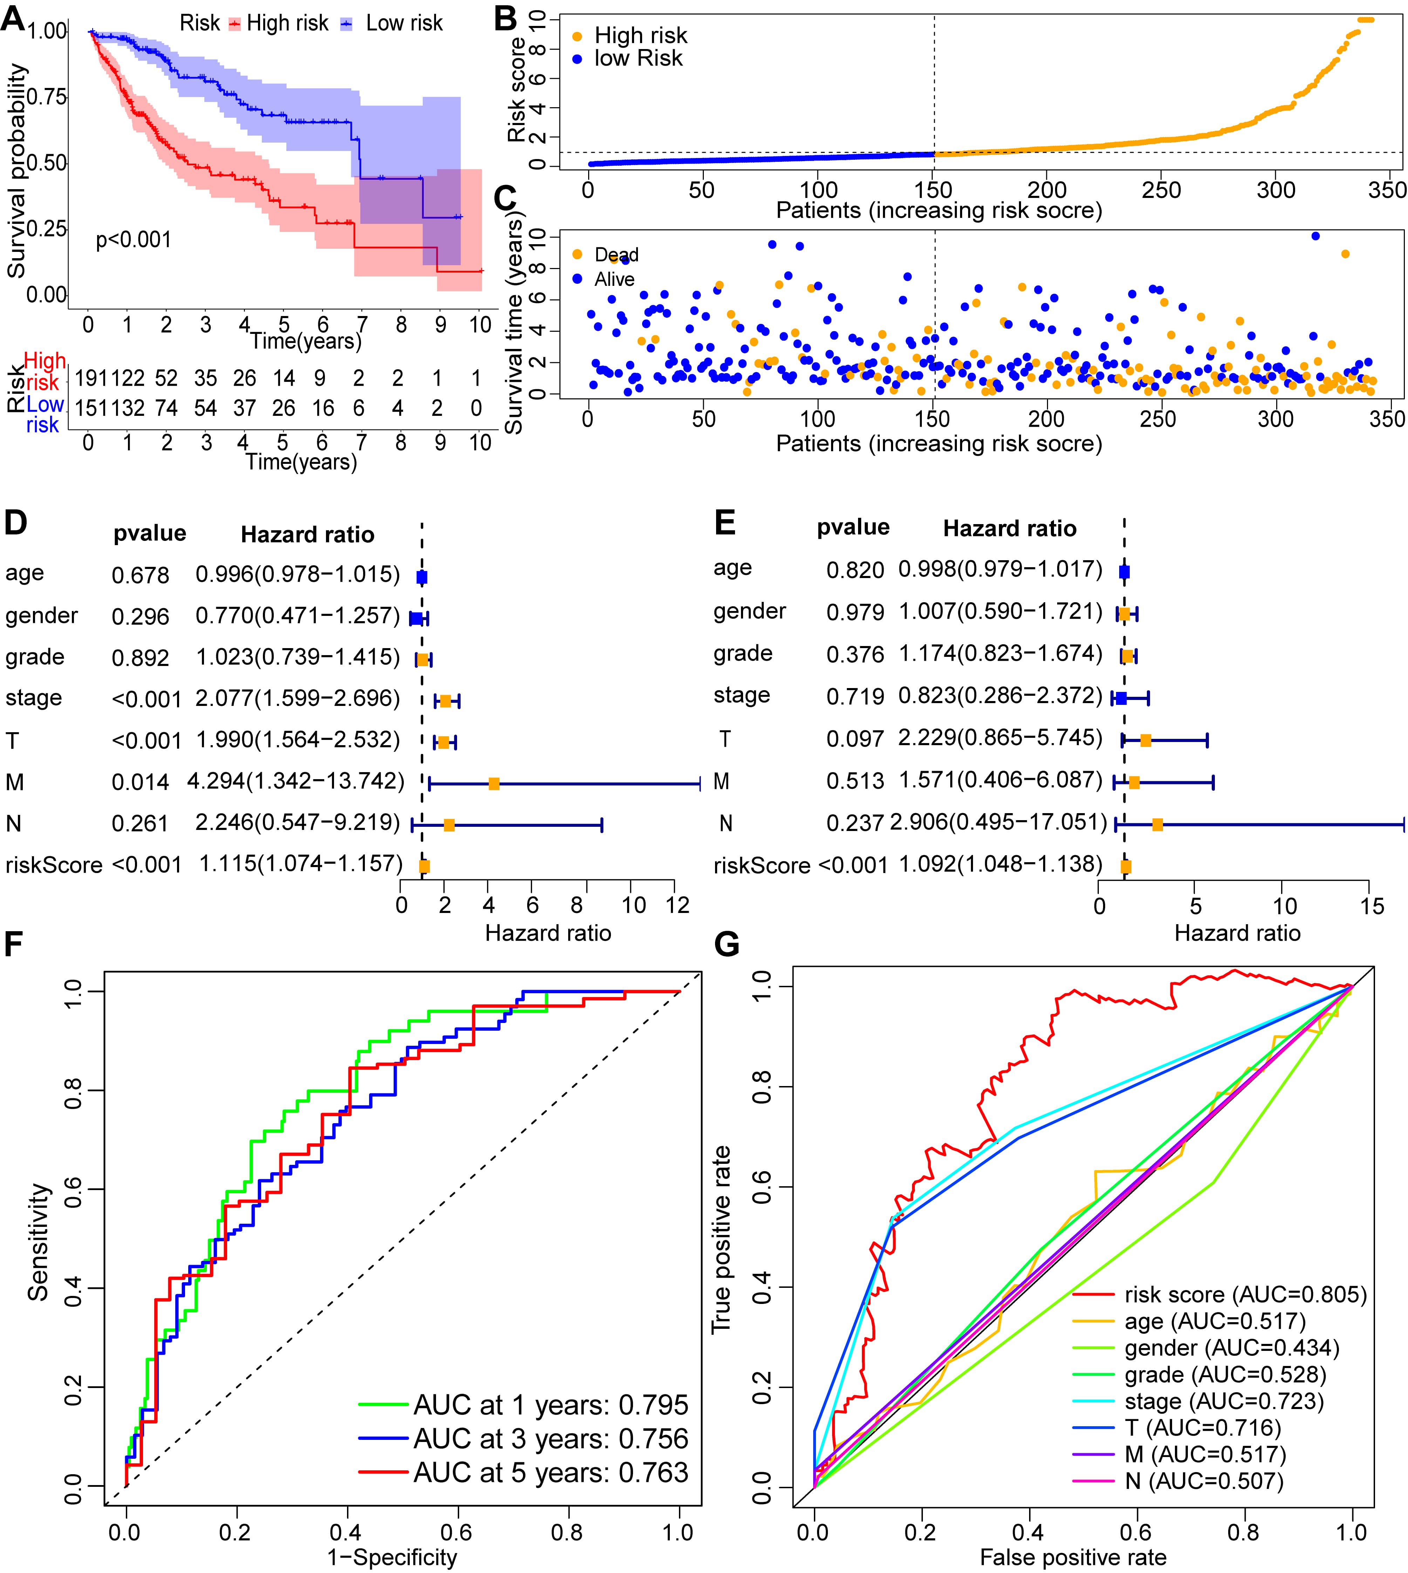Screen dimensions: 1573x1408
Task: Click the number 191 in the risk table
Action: tap(91, 378)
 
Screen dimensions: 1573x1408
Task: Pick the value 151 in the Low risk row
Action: tap(91, 407)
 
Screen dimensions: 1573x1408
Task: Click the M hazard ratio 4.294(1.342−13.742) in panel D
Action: tap(295, 781)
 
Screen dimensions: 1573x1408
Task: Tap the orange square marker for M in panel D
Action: tap(494, 784)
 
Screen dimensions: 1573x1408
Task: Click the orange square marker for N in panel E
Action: tap(1157, 825)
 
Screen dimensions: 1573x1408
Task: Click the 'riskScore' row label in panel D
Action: tap(53, 865)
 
